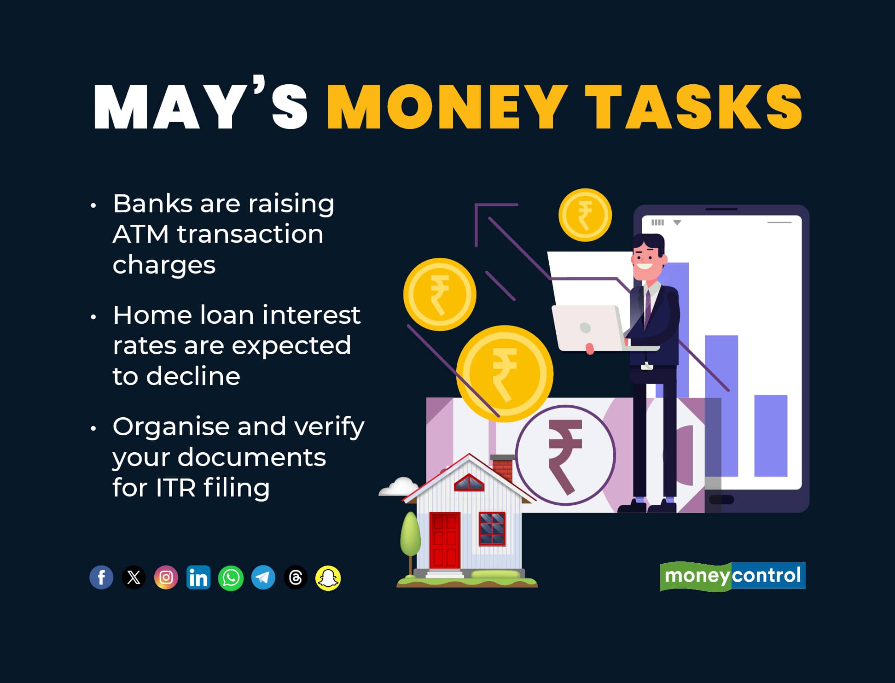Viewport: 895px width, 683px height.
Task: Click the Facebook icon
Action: point(101,577)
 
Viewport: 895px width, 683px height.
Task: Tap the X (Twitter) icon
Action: point(134,577)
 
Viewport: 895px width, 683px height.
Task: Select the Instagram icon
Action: point(166,577)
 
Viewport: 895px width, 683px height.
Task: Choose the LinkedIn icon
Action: point(198,577)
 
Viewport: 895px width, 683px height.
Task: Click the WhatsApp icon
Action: point(231,578)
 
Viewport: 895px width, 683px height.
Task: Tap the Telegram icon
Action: point(263,578)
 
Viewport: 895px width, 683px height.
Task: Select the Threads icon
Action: point(296,578)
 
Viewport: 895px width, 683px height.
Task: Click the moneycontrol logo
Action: point(732,576)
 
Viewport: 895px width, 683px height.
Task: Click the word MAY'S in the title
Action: point(201,107)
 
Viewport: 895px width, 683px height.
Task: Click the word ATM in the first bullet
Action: point(140,234)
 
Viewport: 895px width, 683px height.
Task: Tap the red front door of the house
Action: point(444,540)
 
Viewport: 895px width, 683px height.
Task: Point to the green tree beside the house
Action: point(410,534)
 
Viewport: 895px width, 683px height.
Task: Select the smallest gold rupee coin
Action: point(585,215)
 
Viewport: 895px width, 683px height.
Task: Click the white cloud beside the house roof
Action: point(398,487)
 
